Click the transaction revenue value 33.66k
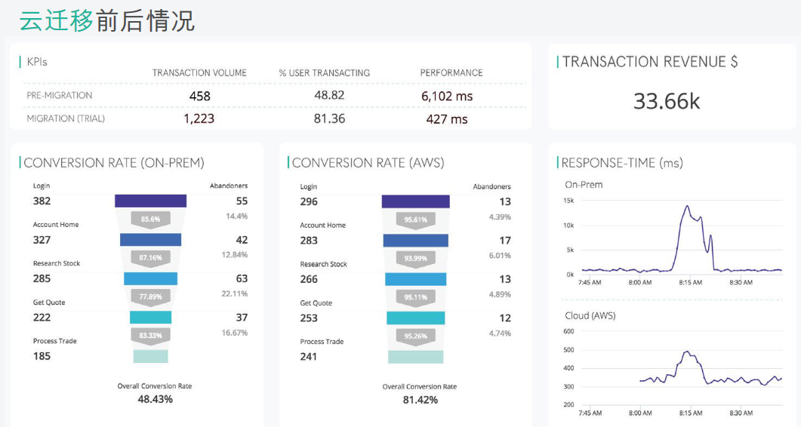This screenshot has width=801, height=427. (x=667, y=101)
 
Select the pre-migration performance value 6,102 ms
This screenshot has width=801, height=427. (x=447, y=96)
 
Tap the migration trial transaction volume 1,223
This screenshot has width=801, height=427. (x=199, y=118)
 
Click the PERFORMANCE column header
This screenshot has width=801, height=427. (x=451, y=73)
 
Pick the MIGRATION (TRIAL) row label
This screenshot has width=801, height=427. (x=66, y=118)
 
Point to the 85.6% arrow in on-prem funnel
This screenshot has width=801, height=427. (x=150, y=219)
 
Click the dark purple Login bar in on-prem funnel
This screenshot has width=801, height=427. (x=150, y=201)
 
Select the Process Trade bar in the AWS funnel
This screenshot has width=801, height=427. (x=416, y=356)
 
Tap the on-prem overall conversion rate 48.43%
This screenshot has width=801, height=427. (x=155, y=399)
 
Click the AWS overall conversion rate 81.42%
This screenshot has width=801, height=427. (x=420, y=400)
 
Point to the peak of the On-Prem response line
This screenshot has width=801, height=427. (x=687, y=206)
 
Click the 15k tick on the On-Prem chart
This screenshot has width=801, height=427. (x=568, y=201)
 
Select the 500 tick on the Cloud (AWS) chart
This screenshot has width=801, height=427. (x=568, y=350)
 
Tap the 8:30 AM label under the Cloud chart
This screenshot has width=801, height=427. (x=741, y=413)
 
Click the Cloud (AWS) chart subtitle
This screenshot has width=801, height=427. (x=590, y=315)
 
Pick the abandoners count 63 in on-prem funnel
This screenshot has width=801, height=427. (x=242, y=278)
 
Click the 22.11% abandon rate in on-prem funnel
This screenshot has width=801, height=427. (x=234, y=293)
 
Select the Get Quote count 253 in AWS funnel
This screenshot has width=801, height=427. (x=309, y=318)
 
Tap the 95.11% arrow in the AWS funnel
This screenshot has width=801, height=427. (x=415, y=297)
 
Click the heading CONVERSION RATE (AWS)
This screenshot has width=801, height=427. (x=368, y=163)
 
